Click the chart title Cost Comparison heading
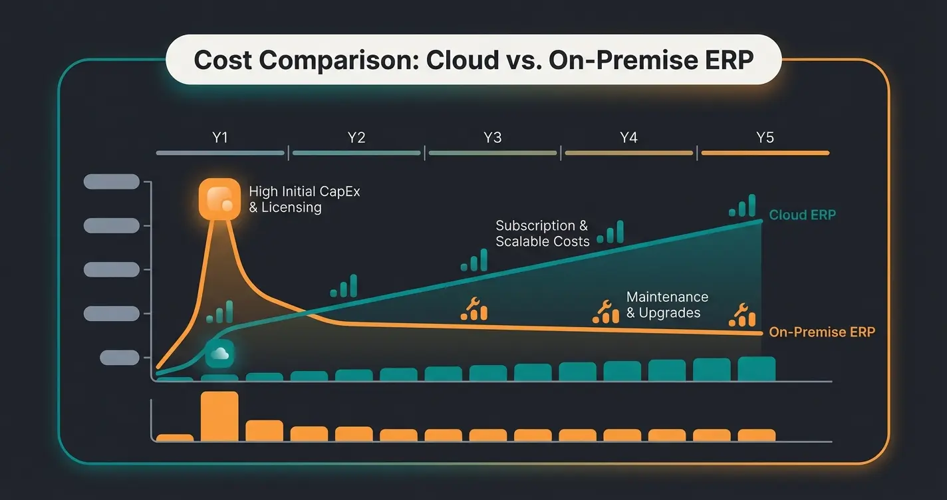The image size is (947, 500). pyautogui.click(x=473, y=60)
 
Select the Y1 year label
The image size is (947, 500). pyautogui.click(x=220, y=138)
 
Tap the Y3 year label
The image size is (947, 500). pyautogui.click(x=492, y=138)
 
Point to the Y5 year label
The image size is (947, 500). pyautogui.click(x=765, y=138)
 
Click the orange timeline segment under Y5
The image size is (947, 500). pyautogui.click(x=765, y=153)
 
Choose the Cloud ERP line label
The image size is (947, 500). pyautogui.click(x=802, y=215)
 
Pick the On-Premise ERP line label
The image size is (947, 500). pyautogui.click(x=822, y=332)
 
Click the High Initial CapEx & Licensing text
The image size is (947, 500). pyautogui.click(x=304, y=199)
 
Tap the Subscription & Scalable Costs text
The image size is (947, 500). pyautogui.click(x=542, y=233)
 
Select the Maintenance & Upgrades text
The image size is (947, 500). pyautogui.click(x=667, y=305)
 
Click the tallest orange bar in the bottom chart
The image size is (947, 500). pyautogui.click(x=219, y=416)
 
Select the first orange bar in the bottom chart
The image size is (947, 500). pyautogui.click(x=175, y=437)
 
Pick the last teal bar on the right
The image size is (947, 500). pyautogui.click(x=757, y=369)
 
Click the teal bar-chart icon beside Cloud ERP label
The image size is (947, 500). pyautogui.click(x=743, y=206)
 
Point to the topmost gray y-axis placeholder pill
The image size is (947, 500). pyautogui.click(x=111, y=182)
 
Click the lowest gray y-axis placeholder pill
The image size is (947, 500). pyautogui.click(x=119, y=358)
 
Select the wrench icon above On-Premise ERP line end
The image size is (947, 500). pyautogui.click(x=742, y=315)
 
